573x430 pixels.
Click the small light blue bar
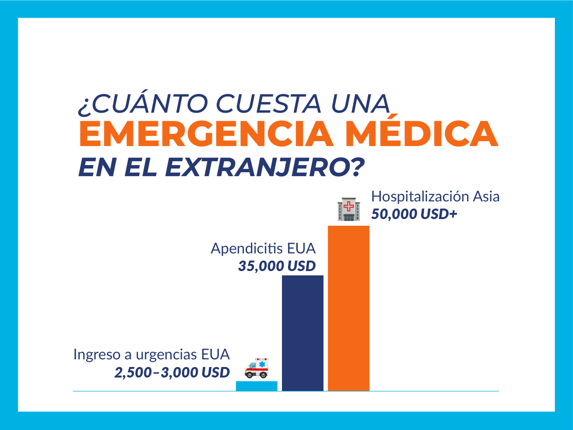pyautogui.click(x=257, y=386)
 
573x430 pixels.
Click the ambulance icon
pyautogui.click(x=257, y=367)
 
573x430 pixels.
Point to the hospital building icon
pyautogui.click(x=349, y=210)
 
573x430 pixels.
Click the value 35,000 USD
pyautogui.click(x=277, y=266)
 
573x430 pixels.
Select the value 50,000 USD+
pyautogui.click(x=414, y=214)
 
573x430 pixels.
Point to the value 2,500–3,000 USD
pyautogui.click(x=172, y=372)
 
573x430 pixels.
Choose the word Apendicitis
pyautogui.click(x=247, y=249)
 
